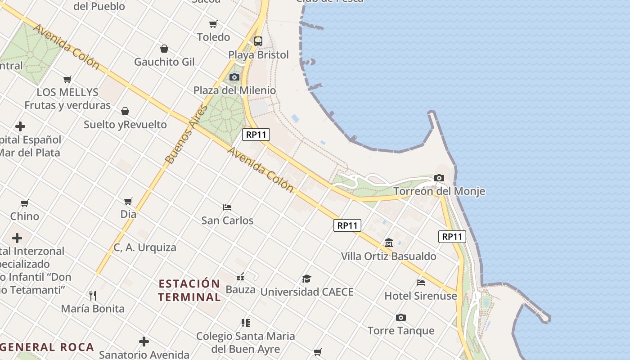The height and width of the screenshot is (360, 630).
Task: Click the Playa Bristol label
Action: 258,55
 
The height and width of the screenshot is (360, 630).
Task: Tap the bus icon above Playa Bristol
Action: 258,41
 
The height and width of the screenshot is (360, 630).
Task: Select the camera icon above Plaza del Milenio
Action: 234,77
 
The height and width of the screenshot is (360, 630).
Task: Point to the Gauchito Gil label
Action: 164,62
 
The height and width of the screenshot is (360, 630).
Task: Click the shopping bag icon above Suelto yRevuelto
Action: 125,111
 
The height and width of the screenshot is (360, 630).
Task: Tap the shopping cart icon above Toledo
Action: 213,24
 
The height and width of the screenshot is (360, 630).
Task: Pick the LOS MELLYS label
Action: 67,92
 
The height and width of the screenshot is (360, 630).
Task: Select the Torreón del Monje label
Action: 439,191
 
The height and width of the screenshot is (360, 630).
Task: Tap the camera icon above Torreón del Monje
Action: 439,178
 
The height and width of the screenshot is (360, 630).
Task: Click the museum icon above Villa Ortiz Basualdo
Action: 389,243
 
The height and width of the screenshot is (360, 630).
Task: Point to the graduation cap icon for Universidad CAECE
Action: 306,279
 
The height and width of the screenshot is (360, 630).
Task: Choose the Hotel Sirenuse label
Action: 420,296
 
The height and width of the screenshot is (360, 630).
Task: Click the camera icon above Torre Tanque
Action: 401,318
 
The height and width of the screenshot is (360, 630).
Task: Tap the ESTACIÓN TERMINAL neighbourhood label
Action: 189,290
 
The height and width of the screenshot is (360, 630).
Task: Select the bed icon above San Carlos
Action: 227,207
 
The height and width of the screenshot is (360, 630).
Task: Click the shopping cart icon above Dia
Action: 128,201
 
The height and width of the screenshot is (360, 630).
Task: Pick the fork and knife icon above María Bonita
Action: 93,296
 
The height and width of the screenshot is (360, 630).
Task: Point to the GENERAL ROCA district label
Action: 47,347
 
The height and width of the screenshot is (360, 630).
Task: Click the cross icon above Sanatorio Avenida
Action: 144,342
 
